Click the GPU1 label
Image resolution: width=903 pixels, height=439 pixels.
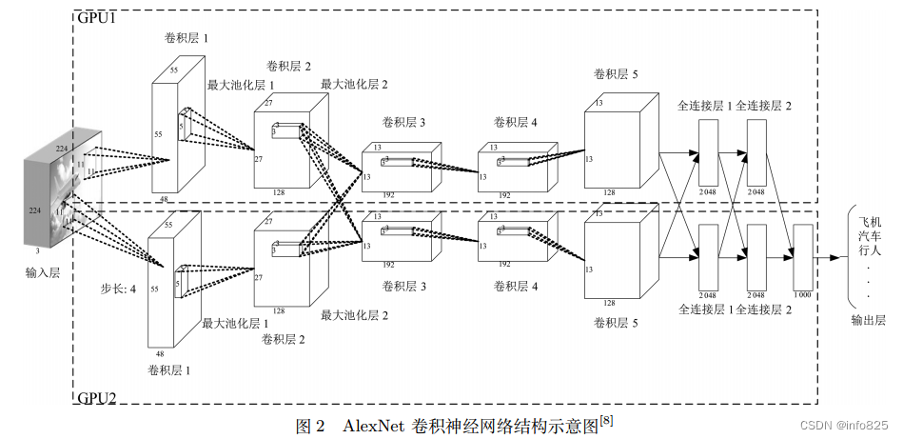coord(97,18)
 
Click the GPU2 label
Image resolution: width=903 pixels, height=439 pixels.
coord(97,398)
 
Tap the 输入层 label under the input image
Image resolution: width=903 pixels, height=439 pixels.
coord(43,272)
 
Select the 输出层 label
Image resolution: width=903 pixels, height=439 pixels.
coord(868,321)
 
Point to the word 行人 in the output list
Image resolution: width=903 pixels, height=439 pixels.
coord(868,251)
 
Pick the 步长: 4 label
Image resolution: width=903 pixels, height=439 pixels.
coord(119,287)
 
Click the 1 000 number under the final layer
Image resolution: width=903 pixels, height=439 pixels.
coord(803,295)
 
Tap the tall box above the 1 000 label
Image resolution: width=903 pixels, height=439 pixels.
coord(803,256)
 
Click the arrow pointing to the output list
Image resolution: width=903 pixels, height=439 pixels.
coord(828,257)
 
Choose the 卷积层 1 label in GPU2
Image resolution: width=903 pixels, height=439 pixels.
coord(168,369)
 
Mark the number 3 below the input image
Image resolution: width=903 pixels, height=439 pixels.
coord(37,251)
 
